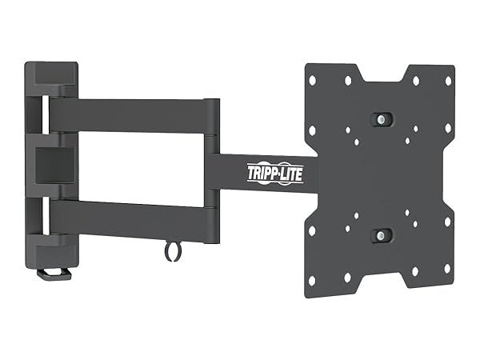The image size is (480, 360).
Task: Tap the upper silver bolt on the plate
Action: (x=382, y=119)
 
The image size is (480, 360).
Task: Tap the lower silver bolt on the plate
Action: (x=382, y=235)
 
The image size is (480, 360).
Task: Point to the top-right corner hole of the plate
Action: (x=447, y=81)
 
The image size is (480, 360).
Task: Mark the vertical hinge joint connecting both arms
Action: (x=212, y=168)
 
